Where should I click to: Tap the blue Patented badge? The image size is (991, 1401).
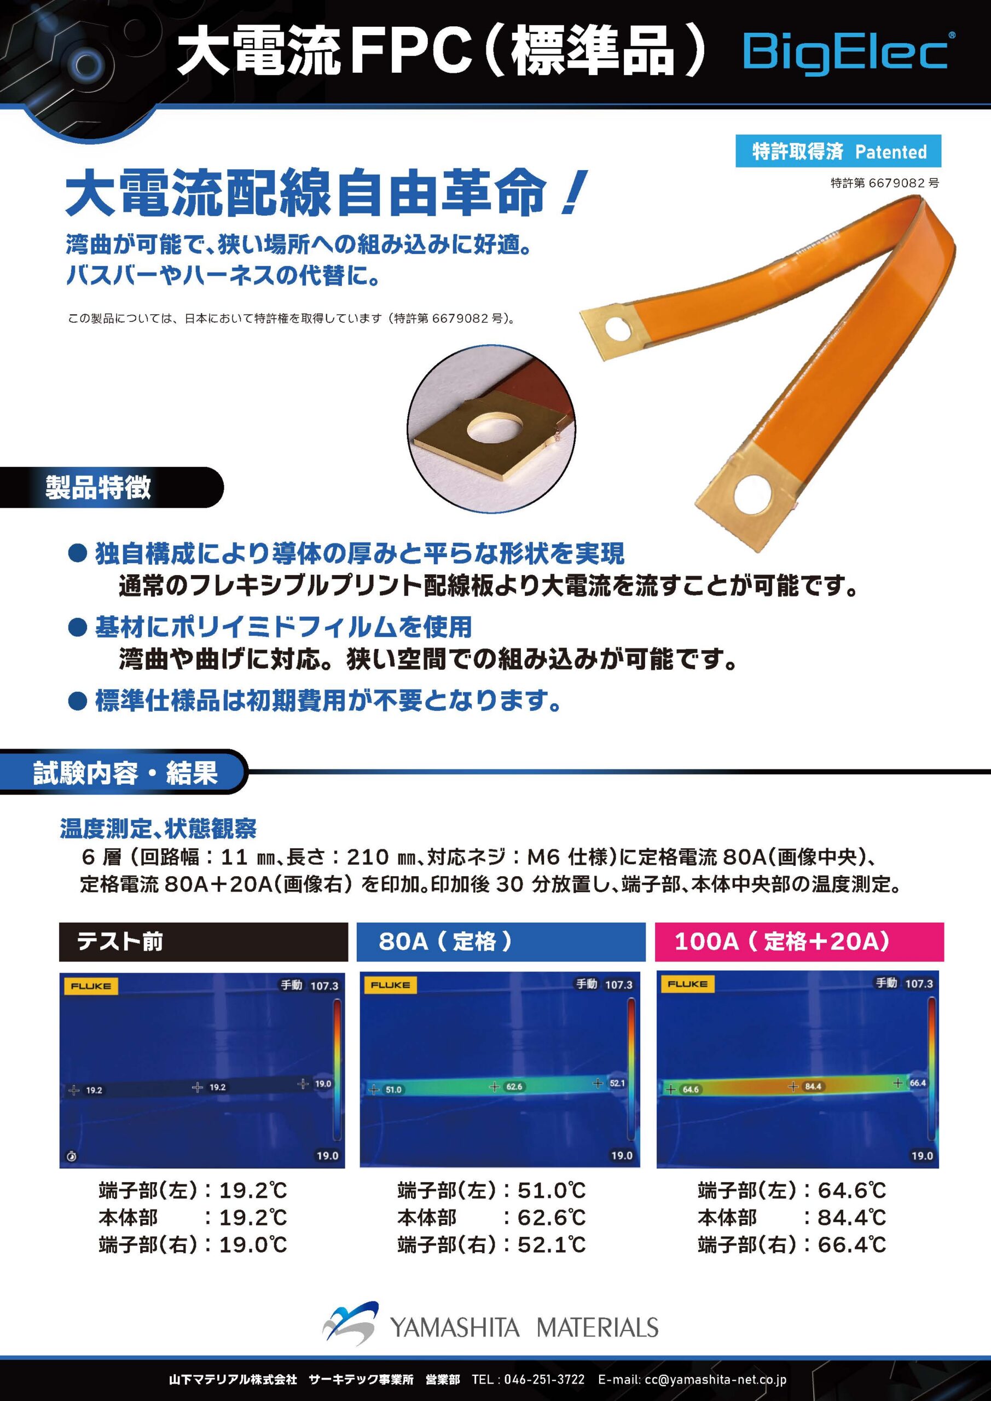coord(838,150)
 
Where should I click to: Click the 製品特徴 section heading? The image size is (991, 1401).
coord(97,488)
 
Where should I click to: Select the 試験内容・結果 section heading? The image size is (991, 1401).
coord(125,773)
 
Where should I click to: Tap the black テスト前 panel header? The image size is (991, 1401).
coord(203,941)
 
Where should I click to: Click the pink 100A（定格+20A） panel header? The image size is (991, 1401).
coord(799,941)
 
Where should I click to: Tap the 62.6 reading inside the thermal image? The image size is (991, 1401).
coord(514,1087)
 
